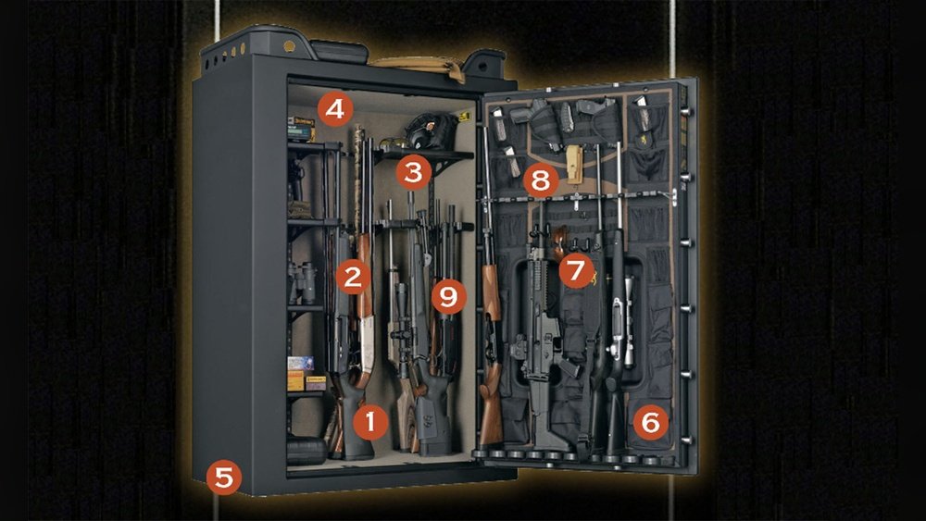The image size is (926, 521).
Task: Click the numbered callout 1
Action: coord(370,422)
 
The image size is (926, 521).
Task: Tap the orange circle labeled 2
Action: coord(353,277)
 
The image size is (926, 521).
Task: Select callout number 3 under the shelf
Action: coord(413,172)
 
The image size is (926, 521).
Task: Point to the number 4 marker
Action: coord(335,109)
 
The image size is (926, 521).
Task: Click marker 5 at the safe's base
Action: coord(224,477)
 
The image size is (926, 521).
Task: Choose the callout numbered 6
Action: coord(650,422)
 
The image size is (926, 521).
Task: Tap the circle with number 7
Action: coord(576,269)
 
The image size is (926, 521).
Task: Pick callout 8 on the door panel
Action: coord(541,180)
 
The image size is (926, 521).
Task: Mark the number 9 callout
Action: coord(448,295)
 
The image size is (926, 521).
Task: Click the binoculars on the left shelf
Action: coord(302,281)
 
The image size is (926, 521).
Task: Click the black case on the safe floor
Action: coord(307,451)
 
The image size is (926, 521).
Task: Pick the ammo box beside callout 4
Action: coord(301,128)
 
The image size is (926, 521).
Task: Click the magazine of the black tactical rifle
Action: coord(569,369)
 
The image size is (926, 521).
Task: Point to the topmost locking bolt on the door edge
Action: coord(686,111)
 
